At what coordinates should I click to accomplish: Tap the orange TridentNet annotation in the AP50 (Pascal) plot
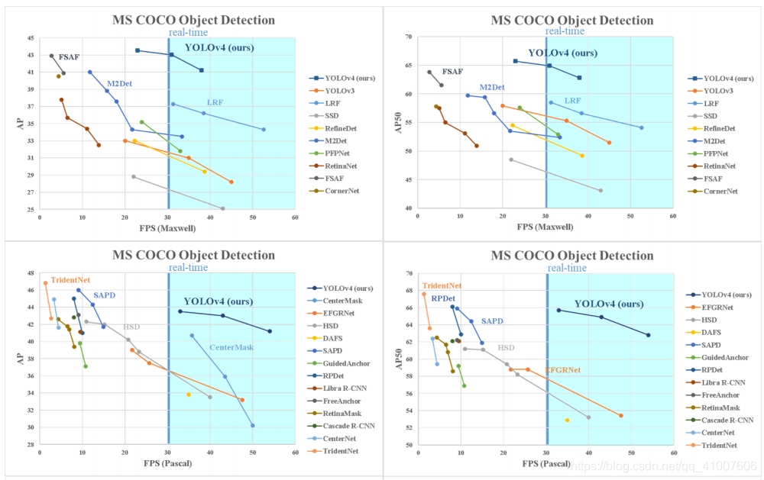click(442, 285)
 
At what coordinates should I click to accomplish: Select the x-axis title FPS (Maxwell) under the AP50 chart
click(545, 227)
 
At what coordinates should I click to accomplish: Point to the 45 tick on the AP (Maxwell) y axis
click(30, 38)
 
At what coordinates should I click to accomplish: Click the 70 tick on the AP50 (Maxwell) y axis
click(408, 37)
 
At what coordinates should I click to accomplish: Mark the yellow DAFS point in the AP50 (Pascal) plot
click(567, 420)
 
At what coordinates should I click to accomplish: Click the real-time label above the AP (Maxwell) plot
click(188, 31)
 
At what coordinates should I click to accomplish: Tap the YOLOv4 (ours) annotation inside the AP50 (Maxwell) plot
click(562, 53)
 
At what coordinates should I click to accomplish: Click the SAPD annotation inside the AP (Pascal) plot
click(104, 295)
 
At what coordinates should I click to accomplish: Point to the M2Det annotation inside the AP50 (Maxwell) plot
click(493, 87)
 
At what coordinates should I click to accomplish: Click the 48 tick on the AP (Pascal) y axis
click(30, 273)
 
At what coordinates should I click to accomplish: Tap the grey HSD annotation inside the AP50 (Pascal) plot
click(506, 347)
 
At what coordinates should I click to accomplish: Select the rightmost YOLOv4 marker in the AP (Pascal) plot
click(270, 331)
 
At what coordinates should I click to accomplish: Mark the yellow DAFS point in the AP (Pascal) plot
click(188, 395)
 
